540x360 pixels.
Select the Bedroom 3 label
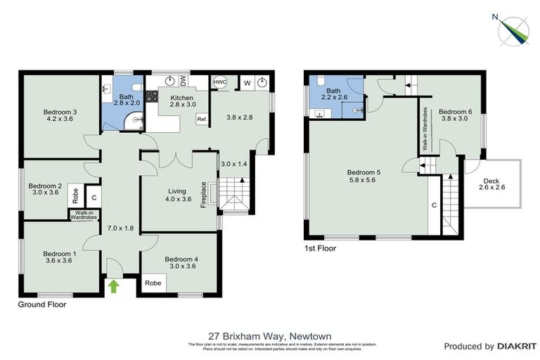point(60,115)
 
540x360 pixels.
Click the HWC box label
point(220,82)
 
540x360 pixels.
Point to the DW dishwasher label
point(183,82)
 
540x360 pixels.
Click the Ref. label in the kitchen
point(202,119)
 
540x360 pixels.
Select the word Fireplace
point(204,195)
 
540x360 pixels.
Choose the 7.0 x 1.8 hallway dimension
point(120,228)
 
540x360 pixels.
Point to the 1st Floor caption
point(321,248)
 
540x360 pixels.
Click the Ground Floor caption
point(42,305)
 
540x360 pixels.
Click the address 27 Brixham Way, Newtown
point(270,336)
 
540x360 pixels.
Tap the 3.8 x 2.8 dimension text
point(236,117)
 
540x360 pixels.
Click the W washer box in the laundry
point(247,82)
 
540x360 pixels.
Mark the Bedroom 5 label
point(364,177)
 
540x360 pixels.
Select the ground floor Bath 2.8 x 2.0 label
point(126,101)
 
